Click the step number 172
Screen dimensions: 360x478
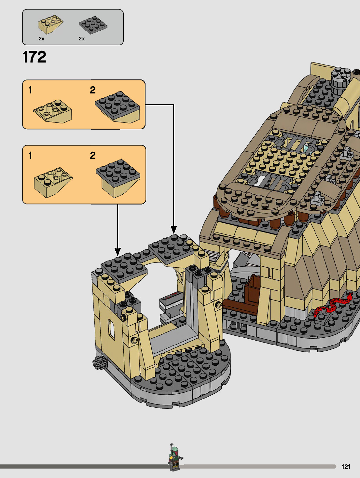(34, 57)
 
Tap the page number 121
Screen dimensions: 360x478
(346, 467)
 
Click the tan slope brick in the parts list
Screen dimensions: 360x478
(51, 24)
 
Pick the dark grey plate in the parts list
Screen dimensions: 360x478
(93, 24)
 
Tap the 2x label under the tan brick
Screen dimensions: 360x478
(41, 39)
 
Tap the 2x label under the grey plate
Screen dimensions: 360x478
(82, 39)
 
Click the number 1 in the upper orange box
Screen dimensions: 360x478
(30, 90)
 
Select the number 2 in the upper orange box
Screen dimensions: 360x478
(93, 90)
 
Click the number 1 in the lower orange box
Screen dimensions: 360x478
(30, 156)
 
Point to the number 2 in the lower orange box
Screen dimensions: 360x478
(93, 156)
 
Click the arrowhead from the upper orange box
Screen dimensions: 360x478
(174, 230)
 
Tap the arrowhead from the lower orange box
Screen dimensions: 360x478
(118, 251)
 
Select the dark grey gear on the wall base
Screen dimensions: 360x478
(98, 362)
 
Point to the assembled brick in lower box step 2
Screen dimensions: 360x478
(118, 177)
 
